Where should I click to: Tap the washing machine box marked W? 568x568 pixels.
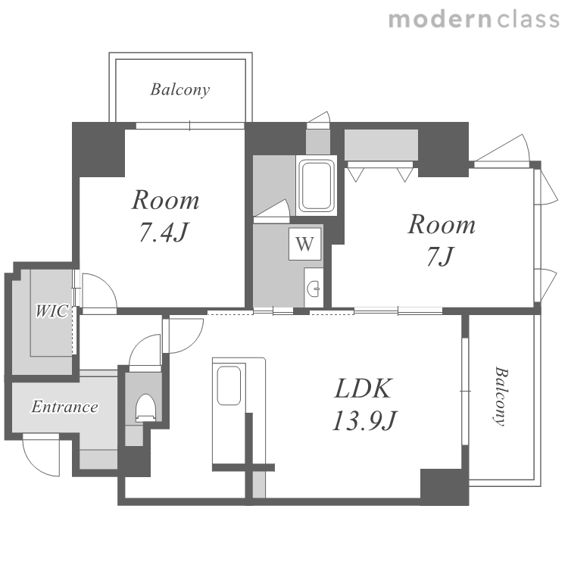click(304, 244)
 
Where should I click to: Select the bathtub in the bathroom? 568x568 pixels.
click(317, 186)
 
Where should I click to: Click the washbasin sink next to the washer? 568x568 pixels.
click(314, 289)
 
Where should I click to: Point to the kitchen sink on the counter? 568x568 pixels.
click(229, 385)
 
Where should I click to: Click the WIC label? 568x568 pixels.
click(51, 311)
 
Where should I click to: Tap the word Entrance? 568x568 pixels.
click(64, 407)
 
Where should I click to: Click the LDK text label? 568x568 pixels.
click(364, 389)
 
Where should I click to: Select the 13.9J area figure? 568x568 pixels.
click(365, 420)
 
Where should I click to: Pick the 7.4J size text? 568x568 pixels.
click(164, 232)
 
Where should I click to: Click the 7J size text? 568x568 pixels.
click(440, 256)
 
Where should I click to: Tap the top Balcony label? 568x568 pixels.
click(180, 89)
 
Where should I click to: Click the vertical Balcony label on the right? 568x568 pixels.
click(501, 396)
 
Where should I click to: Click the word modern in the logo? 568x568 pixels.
click(440, 20)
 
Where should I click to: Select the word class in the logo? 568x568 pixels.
click(529, 20)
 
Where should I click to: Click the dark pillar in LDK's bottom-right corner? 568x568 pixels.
click(445, 487)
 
